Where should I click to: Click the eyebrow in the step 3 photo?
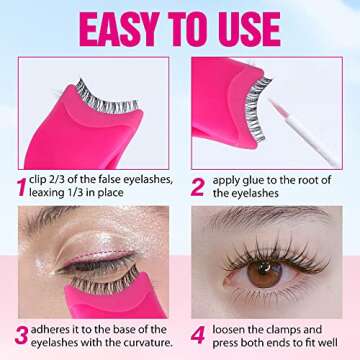tap(60, 221)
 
